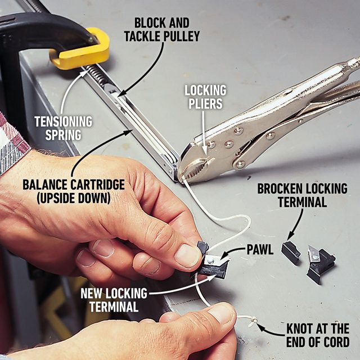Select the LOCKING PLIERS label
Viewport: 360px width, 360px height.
click(x=206, y=97)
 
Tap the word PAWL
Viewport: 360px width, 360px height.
click(x=260, y=250)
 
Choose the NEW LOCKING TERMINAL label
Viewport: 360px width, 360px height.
click(x=114, y=300)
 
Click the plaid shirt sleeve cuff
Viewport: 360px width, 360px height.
click(x=12, y=141)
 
